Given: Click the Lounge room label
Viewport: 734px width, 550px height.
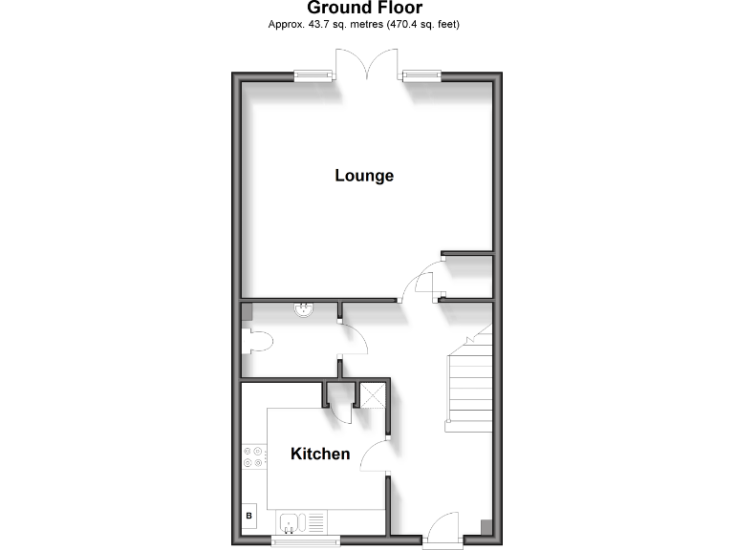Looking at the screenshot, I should click(364, 176).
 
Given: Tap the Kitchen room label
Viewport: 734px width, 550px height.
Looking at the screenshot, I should click(320, 454).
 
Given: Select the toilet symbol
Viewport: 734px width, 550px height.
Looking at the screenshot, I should click(256, 342).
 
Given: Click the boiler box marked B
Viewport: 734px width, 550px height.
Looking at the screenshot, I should click(249, 517).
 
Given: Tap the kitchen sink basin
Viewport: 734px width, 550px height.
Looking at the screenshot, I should click(291, 522).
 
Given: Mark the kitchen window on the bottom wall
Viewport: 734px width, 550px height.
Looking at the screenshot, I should click(306, 541).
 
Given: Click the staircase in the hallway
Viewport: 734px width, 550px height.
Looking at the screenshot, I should click(469, 382).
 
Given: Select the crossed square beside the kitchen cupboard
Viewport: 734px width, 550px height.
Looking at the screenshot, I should click(371, 392).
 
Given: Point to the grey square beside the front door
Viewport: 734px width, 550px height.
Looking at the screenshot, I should click(486, 526).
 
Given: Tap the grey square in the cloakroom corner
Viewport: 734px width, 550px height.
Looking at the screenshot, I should click(247, 310).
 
